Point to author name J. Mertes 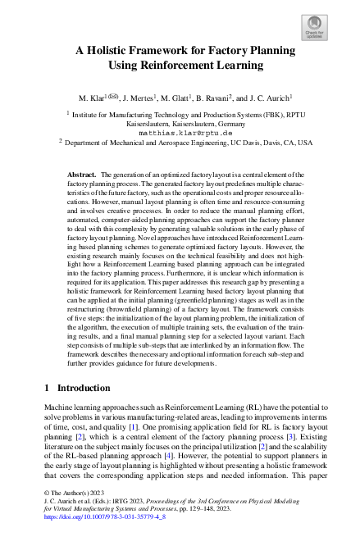pos(144,99)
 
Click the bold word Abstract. pos(82,175)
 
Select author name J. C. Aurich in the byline pos(275,99)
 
